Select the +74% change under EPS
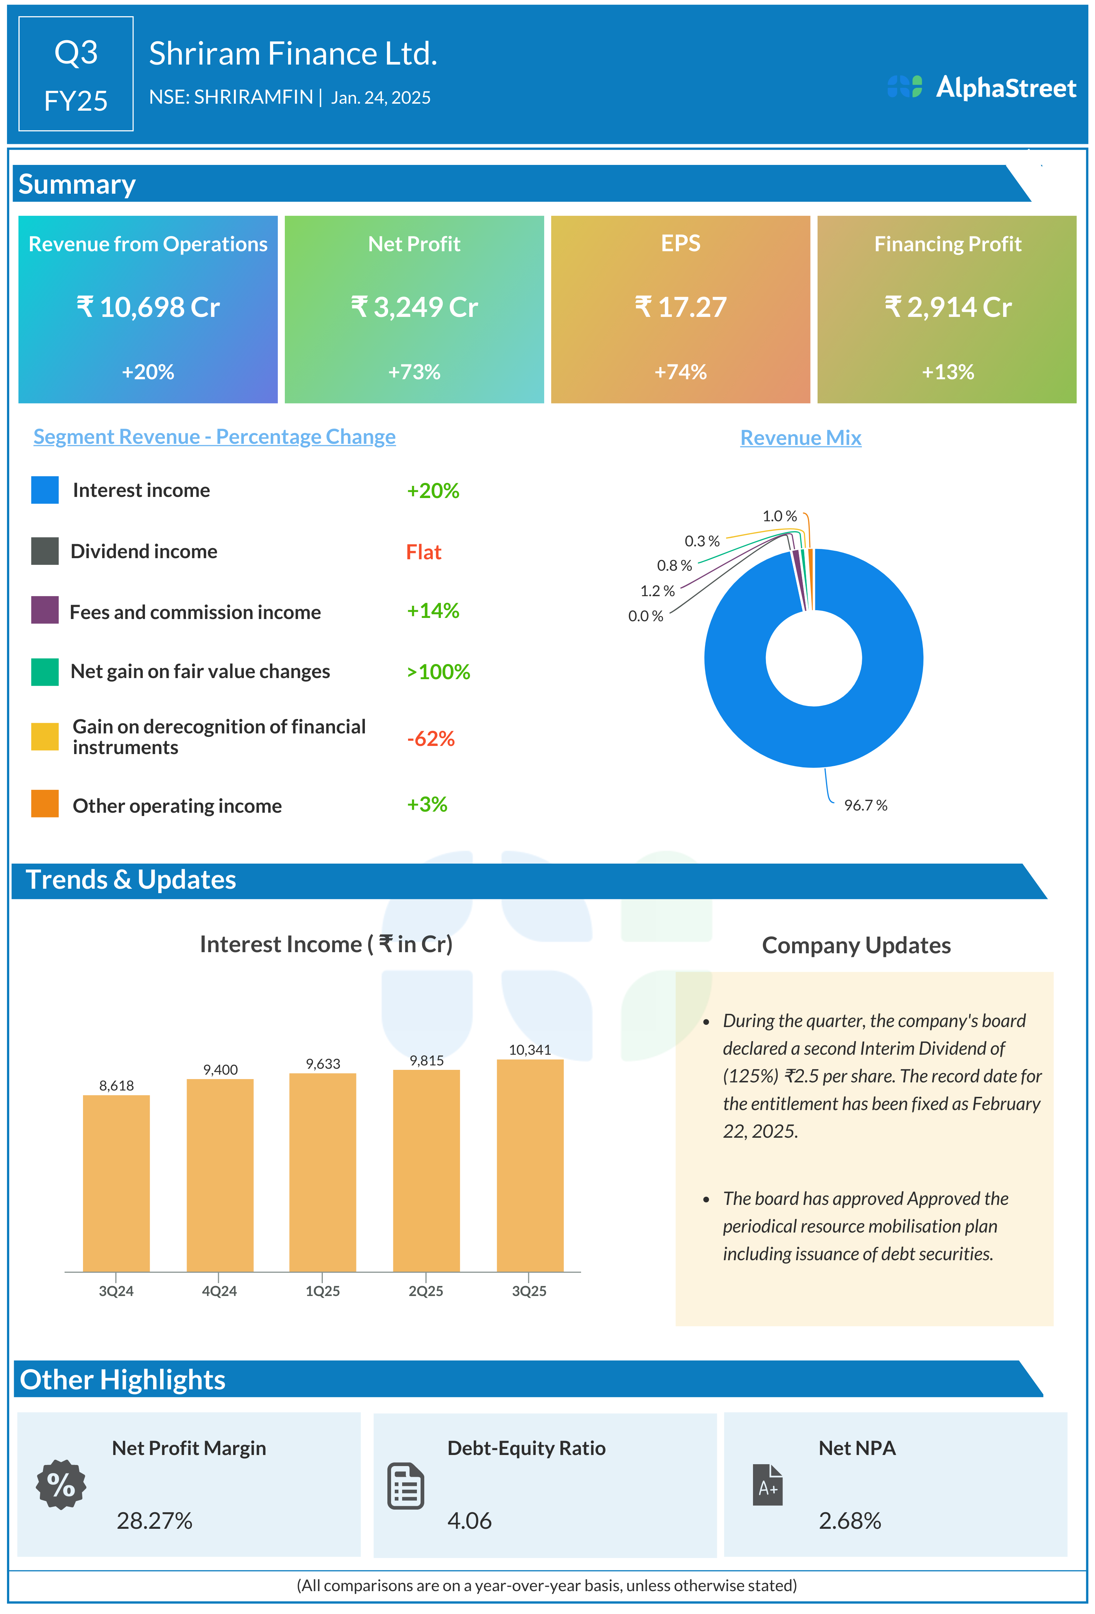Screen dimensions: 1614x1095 coord(680,372)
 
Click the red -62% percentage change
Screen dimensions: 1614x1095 coord(431,738)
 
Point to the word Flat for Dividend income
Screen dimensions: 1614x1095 coord(424,552)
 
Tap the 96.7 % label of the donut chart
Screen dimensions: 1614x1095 coord(865,805)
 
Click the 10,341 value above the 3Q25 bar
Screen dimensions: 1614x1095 coord(530,1050)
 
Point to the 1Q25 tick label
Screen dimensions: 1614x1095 coord(323,1291)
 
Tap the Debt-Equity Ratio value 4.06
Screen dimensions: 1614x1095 coord(469,1521)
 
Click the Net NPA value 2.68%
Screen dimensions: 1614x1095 coord(849,1521)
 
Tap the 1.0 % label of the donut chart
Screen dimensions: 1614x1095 coord(779,516)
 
